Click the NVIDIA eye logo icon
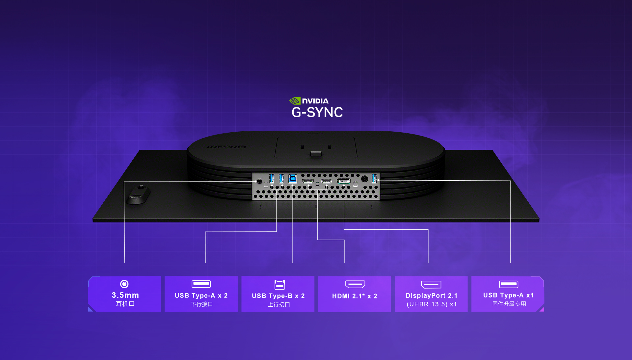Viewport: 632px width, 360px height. click(295, 101)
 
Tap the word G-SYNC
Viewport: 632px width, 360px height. click(317, 113)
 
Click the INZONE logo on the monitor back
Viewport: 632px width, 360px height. click(226, 147)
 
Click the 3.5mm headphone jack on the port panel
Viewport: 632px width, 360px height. click(259, 181)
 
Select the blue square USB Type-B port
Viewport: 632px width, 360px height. click(292, 179)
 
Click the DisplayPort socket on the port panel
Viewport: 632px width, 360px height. click(343, 181)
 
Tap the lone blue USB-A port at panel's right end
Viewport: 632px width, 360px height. click(374, 178)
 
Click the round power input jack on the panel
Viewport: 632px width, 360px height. click(364, 179)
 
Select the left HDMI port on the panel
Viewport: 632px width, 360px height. click(307, 181)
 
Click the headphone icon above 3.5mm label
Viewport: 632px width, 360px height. click(124, 284)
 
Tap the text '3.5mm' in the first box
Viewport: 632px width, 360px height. click(125, 295)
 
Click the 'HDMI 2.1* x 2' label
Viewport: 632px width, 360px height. click(355, 296)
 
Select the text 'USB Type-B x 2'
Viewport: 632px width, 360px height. click(278, 296)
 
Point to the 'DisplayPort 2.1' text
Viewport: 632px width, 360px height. click(431, 296)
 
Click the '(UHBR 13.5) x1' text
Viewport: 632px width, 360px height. click(432, 304)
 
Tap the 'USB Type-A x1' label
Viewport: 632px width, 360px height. click(508, 295)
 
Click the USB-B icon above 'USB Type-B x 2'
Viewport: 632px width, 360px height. click(279, 284)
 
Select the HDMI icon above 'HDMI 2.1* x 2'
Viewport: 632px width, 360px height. click(355, 284)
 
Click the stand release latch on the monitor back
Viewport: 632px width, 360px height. click(316, 154)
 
